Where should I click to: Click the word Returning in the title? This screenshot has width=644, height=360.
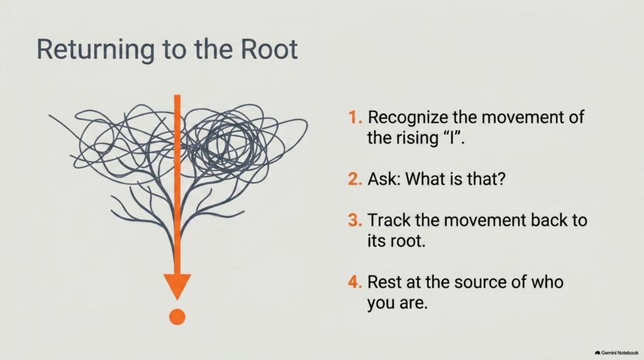pos(96,50)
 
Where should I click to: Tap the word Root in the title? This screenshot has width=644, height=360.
pos(269,49)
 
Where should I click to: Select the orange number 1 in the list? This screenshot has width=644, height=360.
pos(355,117)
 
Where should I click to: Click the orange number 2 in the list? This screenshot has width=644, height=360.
pos(355,179)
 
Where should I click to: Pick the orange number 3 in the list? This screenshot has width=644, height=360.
pos(355,220)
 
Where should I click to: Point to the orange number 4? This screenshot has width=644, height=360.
pos(355,283)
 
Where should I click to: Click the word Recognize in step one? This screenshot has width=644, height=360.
pos(408,118)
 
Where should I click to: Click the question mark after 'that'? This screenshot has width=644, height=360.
pos(501,179)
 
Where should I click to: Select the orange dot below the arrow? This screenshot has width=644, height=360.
pos(177,317)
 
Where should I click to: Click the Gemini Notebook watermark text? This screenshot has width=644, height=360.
pos(619,353)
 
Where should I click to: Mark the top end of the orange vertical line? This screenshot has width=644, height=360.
pos(177,95)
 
